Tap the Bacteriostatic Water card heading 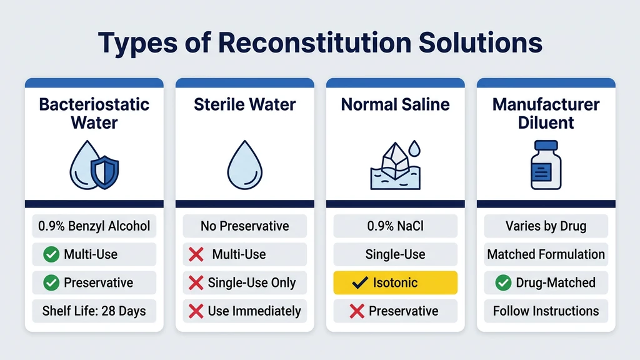pyautogui.click(x=94, y=112)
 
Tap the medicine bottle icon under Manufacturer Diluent pyautogui.click(x=546, y=164)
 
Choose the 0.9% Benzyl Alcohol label pyautogui.click(x=94, y=226)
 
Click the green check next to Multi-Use pyautogui.click(x=51, y=254)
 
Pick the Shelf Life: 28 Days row pyautogui.click(x=94, y=311)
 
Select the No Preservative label pyautogui.click(x=244, y=226)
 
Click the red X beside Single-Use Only pyautogui.click(x=196, y=282)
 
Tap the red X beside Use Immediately pyautogui.click(x=196, y=311)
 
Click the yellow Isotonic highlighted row pyautogui.click(x=395, y=282)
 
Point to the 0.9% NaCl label pyautogui.click(x=395, y=226)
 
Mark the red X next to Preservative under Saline pyautogui.click(x=357, y=311)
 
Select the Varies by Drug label pyautogui.click(x=546, y=226)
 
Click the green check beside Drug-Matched pyautogui.click(x=503, y=282)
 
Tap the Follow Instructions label pyautogui.click(x=546, y=311)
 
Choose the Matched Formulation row pyautogui.click(x=546, y=254)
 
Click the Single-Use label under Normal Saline pyautogui.click(x=395, y=254)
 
